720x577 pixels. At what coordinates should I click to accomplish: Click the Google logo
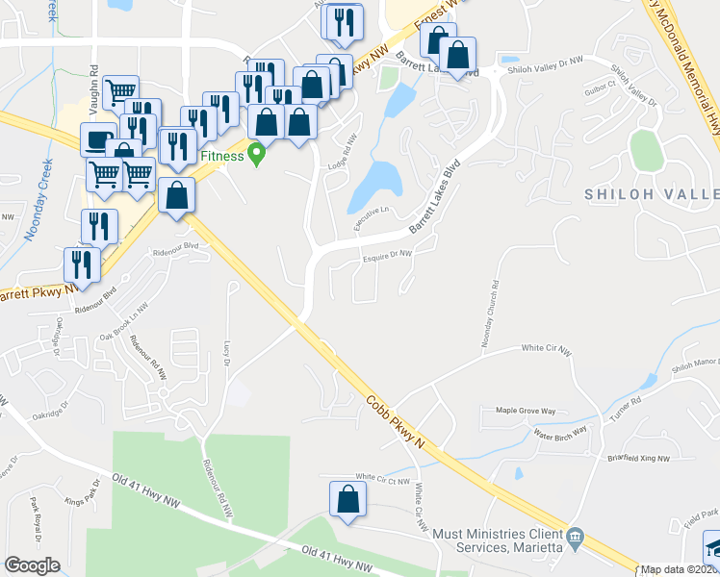33,565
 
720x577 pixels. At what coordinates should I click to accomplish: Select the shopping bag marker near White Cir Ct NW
347,499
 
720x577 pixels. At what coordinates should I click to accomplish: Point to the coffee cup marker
99,138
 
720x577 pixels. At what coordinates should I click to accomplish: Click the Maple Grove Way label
526,411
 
